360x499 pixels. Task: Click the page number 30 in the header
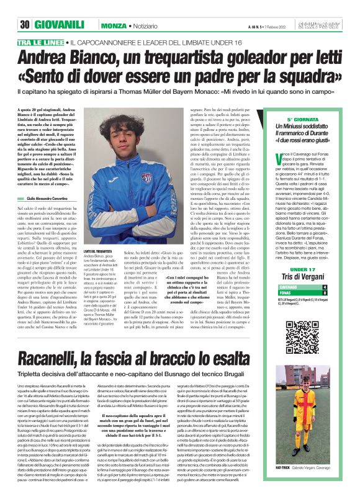click(25, 24)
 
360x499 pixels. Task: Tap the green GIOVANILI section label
click(60, 24)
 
